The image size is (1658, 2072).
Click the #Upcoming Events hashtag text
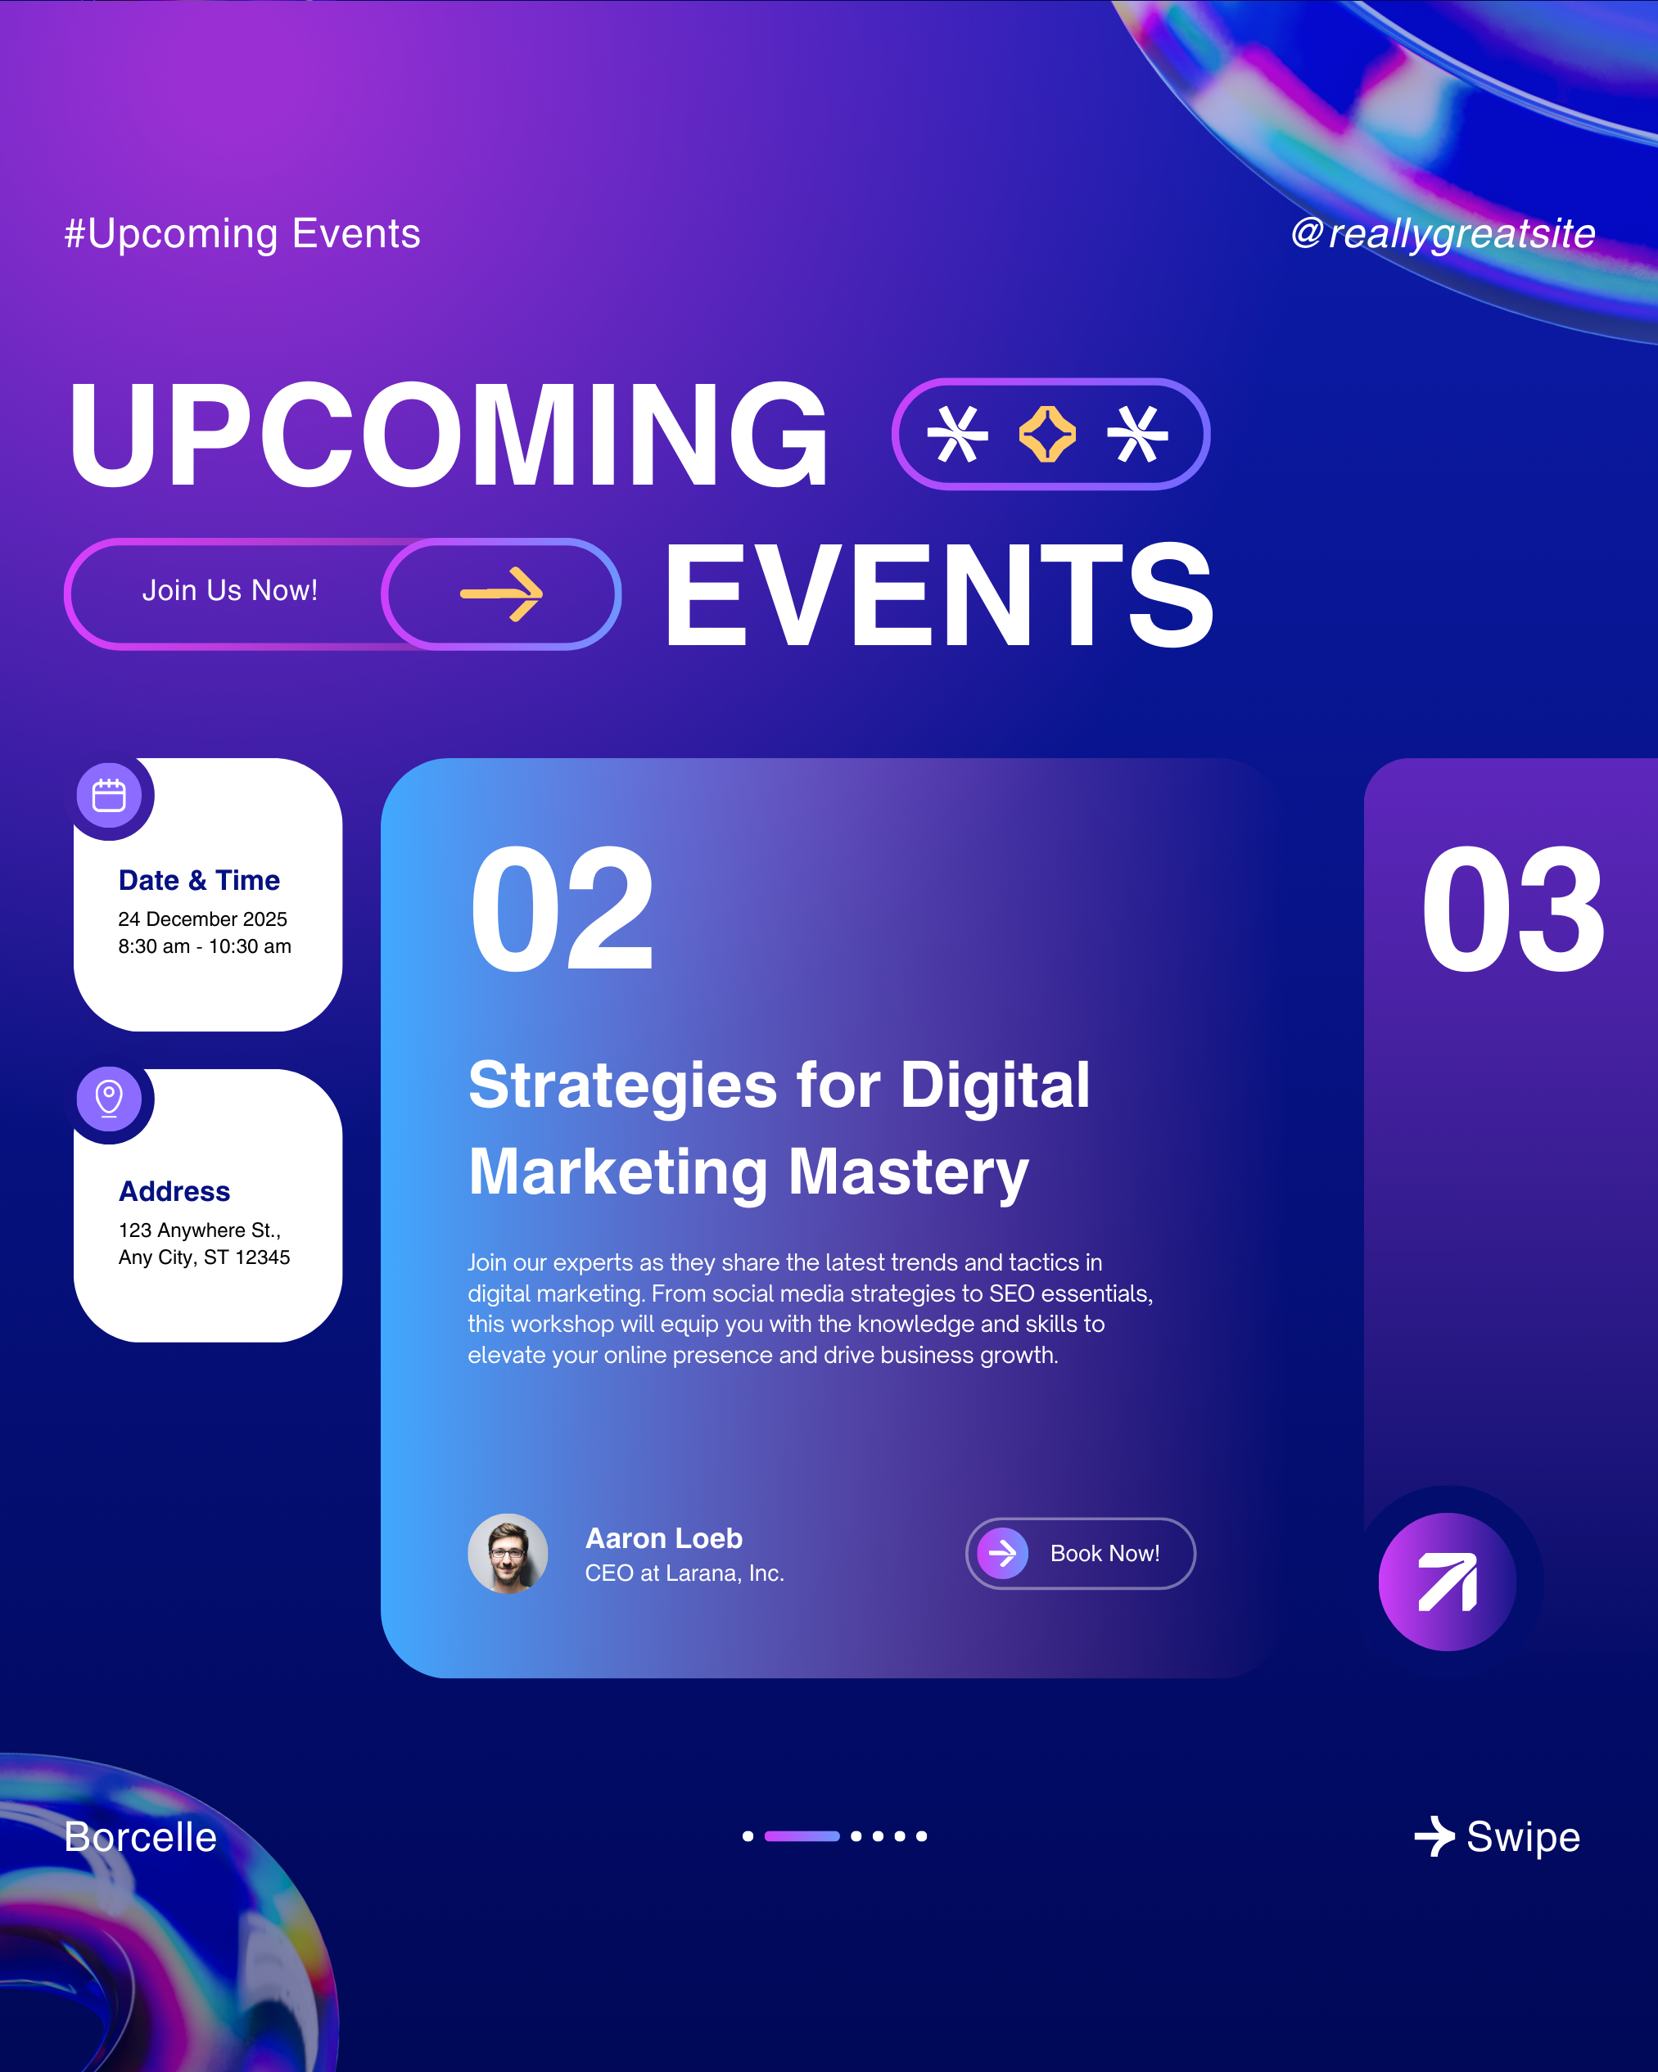tap(242, 233)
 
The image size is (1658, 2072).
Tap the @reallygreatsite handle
tap(1443, 233)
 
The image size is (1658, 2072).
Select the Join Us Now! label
tap(230, 590)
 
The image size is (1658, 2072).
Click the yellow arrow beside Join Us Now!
tap(502, 594)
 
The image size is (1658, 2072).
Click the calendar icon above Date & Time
tap(109, 796)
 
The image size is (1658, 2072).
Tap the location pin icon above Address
tap(109, 1099)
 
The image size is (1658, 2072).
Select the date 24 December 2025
tap(203, 919)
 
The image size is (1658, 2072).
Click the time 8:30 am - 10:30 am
tap(205, 946)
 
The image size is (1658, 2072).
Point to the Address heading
tap(174, 1192)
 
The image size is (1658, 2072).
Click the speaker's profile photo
tap(508, 1554)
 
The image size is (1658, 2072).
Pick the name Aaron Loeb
tap(664, 1538)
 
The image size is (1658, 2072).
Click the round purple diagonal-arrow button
tap(1448, 1582)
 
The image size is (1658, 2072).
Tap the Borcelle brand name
tap(140, 1836)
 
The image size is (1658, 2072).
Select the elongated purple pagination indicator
tap(802, 1835)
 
